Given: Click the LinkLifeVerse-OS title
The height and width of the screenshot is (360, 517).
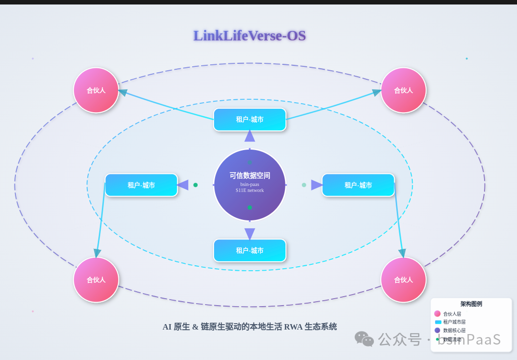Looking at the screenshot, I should click(x=250, y=35).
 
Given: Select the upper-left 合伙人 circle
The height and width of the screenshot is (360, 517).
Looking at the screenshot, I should click(x=96, y=90).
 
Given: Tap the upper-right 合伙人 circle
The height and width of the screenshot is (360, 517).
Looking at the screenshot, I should click(x=403, y=90).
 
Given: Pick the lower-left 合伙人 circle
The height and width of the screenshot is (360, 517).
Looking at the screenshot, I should click(x=96, y=280).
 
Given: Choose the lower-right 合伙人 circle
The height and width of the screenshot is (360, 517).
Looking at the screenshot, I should click(x=403, y=280).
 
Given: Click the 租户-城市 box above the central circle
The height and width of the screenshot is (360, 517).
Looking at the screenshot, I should click(x=250, y=120).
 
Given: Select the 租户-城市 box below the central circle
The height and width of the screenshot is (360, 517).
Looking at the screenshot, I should click(x=250, y=250).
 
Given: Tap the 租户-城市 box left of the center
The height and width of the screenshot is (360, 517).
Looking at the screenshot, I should click(x=141, y=185).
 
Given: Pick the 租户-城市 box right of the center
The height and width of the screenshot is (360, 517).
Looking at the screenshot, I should click(x=358, y=185).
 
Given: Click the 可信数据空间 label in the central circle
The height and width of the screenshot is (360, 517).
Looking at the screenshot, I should click(x=250, y=176).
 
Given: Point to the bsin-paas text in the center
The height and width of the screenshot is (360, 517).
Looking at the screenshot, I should click(x=250, y=184).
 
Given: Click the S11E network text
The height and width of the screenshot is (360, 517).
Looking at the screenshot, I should click(x=250, y=190).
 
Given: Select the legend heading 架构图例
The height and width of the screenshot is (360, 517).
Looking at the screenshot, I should click(x=471, y=304).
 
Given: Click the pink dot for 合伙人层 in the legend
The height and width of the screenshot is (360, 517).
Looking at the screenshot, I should click(x=437, y=314).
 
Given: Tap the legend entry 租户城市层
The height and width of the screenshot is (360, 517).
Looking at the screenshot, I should click(x=454, y=322).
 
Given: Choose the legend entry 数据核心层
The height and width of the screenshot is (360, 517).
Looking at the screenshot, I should click(x=454, y=330).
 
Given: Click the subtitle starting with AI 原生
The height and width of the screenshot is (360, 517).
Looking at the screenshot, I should click(x=250, y=327).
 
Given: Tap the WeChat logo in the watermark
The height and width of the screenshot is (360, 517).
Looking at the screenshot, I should click(x=364, y=339).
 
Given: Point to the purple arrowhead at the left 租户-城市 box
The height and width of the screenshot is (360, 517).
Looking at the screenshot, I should click(x=183, y=185).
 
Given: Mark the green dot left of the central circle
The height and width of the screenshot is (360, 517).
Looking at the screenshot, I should click(x=196, y=185).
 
